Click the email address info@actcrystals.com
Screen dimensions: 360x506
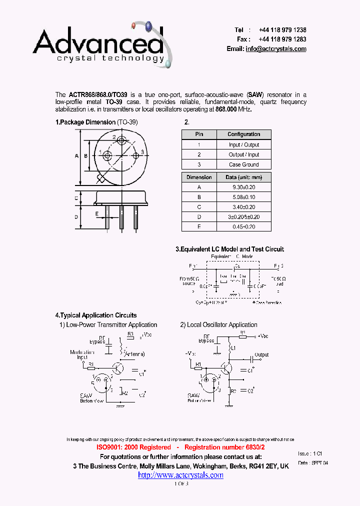(276, 49)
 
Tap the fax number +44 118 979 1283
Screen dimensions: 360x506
(282, 39)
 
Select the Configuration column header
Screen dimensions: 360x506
(243, 134)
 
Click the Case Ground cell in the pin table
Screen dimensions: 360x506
(243, 164)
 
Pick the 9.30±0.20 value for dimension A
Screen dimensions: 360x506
(243, 187)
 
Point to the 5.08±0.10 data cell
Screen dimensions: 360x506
(243, 197)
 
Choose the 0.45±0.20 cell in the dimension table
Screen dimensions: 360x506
(243, 227)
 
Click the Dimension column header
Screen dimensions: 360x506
(199, 177)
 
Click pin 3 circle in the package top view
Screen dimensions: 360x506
(135, 156)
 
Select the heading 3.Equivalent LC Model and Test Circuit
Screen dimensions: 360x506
(229, 249)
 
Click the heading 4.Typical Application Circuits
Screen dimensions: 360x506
(95, 315)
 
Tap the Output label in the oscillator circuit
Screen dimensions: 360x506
(261, 354)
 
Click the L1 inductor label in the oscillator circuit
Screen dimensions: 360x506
(232, 347)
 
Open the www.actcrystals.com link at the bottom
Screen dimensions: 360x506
(180, 475)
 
